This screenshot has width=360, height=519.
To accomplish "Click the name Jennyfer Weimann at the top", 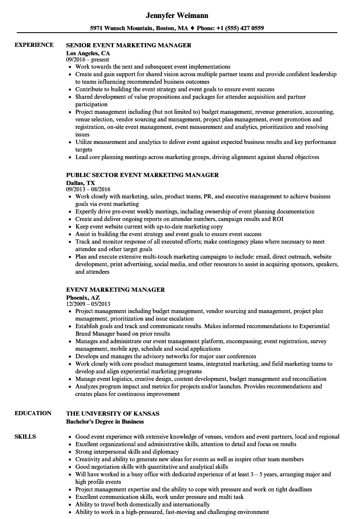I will (177, 15).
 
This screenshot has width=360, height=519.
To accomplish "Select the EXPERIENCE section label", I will (34, 45).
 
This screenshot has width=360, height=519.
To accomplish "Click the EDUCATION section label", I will (33, 413).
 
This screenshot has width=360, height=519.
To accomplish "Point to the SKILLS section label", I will (26, 437).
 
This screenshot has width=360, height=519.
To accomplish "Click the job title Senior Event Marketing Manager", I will (129, 45).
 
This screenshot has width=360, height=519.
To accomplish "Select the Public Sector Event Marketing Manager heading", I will (142, 175).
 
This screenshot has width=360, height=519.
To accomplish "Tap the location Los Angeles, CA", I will (88, 53).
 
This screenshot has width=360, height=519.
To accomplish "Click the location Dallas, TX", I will (81, 183).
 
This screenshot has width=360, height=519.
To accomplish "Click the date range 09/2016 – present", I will (87, 60).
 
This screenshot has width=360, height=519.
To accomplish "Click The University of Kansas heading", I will (113, 414).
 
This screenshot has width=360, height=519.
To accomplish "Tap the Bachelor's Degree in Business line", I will (105, 421).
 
